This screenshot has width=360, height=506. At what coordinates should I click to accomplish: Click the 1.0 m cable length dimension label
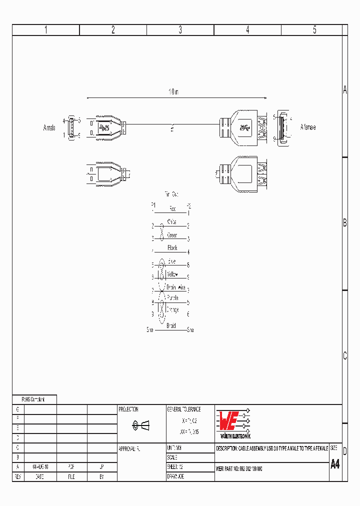173,92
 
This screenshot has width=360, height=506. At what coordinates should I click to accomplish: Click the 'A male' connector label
49,128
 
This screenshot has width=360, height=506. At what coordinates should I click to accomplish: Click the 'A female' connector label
307,127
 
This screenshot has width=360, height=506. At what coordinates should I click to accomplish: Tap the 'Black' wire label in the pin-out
172,248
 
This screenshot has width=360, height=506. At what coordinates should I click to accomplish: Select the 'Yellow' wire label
172,274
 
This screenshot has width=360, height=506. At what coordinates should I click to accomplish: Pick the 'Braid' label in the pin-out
171,326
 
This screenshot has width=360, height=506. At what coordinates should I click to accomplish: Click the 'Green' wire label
172,235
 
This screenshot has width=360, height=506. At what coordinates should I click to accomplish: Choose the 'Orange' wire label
172,310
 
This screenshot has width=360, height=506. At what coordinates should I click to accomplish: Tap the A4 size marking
335,463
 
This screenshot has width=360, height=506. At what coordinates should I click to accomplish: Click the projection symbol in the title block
141,425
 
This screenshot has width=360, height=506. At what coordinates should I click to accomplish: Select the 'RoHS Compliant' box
34,399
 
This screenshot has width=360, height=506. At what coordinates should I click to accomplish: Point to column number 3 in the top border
180,30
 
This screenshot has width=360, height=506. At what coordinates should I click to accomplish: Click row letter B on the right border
344,223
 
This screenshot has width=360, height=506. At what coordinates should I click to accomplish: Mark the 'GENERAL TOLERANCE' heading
183,409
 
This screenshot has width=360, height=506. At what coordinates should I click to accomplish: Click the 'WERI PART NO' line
239,469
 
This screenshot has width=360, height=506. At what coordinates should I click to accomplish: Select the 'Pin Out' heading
171,193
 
